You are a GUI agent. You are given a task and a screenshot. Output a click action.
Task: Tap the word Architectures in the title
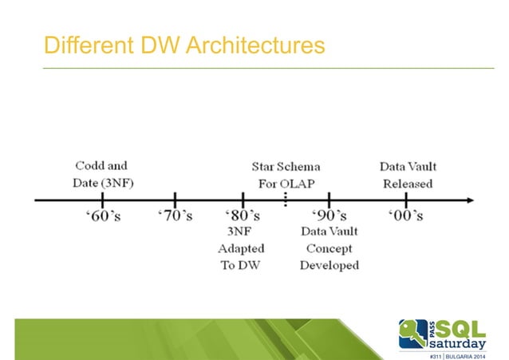tap(254, 45)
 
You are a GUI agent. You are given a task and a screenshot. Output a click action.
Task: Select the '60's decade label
tap(103, 216)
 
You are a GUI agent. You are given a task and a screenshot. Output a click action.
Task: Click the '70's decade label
tap(175, 216)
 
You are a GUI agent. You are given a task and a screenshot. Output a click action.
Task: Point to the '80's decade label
tap(242, 216)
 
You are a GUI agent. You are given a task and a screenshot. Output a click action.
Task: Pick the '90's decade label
tap(329, 216)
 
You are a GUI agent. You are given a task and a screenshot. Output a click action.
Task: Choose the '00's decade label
tap(406, 216)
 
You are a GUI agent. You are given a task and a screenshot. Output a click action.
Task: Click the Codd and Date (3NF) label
tap(101, 175)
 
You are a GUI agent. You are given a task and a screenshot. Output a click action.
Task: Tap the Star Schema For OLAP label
tap(286, 175)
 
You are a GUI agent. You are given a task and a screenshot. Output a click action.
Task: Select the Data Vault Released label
tap(407, 175)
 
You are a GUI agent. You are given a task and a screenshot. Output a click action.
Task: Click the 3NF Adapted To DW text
tap(241, 248)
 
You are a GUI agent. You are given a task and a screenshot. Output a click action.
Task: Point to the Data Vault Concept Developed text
tap(329, 248)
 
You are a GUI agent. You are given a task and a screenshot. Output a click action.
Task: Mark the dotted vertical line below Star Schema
tap(286, 200)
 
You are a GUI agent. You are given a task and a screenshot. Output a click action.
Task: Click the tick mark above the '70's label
tap(175, 199)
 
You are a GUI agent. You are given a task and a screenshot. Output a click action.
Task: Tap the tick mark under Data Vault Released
tap(407, 199)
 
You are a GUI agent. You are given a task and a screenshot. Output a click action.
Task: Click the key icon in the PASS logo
tap(413, 333)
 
